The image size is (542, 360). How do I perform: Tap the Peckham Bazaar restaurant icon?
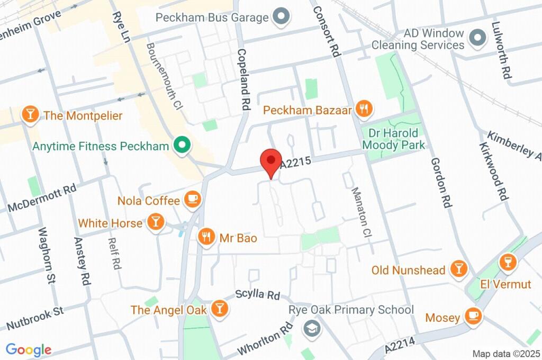[x=364, y=110]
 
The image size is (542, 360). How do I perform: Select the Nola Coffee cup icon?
[x=192, y=200]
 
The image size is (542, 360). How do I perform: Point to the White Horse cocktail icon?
[x=155, y=222]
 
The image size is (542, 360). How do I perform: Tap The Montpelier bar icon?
[x=31, y=115]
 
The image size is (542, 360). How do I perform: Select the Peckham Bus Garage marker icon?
[x=281, y=17]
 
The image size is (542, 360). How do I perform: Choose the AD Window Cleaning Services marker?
[x=478, y=38]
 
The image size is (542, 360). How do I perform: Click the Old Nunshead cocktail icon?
[x=458, y=269]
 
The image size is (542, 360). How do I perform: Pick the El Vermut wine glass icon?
[x=508, y=262]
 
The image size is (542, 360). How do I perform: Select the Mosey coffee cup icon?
[x=473, y=317]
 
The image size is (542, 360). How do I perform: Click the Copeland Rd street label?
[x=243, y=79]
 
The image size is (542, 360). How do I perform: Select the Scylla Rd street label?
[x=258, y=294]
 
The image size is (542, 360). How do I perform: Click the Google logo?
[x=29, y=349]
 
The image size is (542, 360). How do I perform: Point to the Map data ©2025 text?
[x=505, y=353]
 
